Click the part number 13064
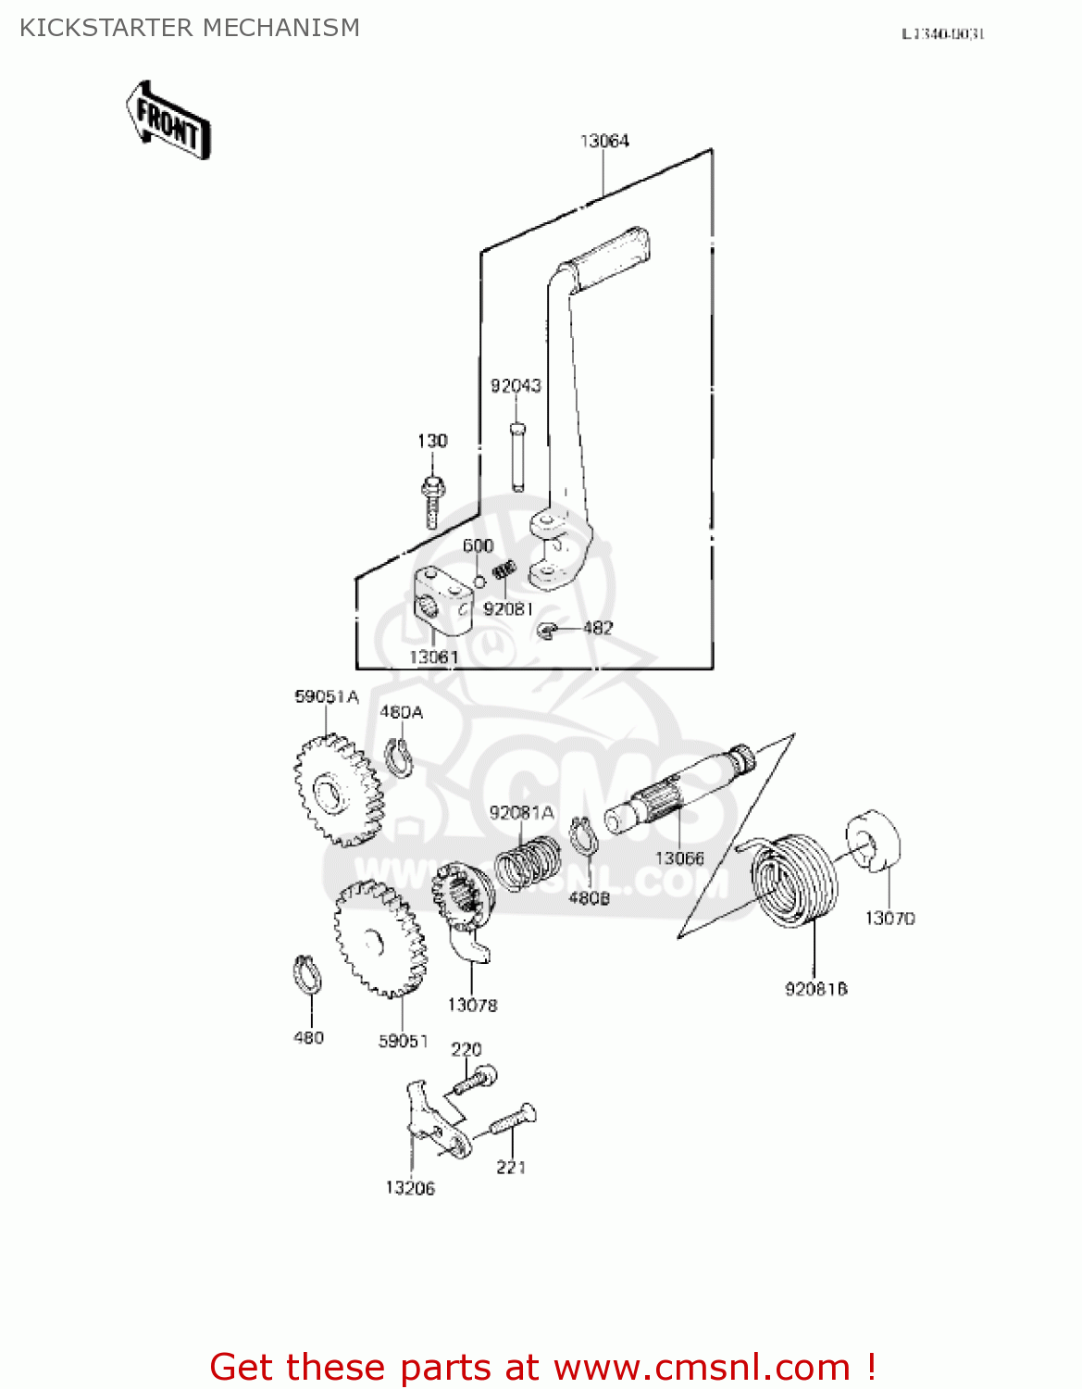(604, 141)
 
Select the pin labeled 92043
(516, 456)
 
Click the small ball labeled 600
(479, 582)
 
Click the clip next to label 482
(546, 630)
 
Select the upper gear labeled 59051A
(337, 789)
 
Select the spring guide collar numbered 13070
(874, 841)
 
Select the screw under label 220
(476, 1080)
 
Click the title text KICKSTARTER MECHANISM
(190, 28)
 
